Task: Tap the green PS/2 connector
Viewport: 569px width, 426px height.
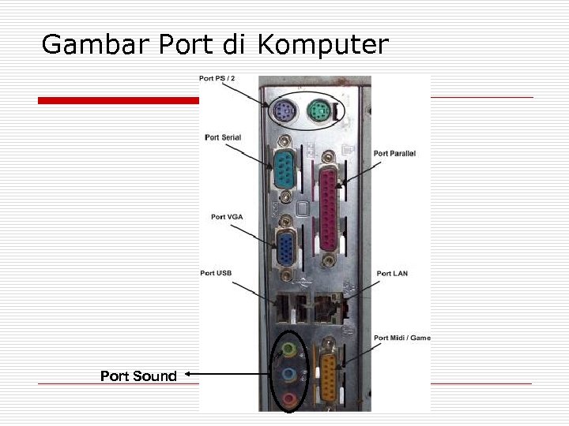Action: click(319, 111)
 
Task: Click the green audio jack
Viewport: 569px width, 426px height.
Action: click(290, 348)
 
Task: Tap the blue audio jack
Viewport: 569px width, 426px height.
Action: click(290, 374)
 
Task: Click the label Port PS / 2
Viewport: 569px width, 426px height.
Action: click(217, 78)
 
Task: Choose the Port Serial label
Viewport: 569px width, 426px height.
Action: click(223, 137)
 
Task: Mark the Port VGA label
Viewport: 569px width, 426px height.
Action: click(228, 217)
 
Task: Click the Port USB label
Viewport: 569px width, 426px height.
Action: click(216, 273)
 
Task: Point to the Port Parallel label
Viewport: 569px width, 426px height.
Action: click(394, 153)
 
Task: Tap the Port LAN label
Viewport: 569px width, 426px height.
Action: click(392, 273)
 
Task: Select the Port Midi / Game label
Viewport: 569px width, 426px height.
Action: click(402, 338)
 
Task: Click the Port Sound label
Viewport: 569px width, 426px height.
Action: click(138, 376)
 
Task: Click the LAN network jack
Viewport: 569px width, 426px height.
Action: click(326, 306)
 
